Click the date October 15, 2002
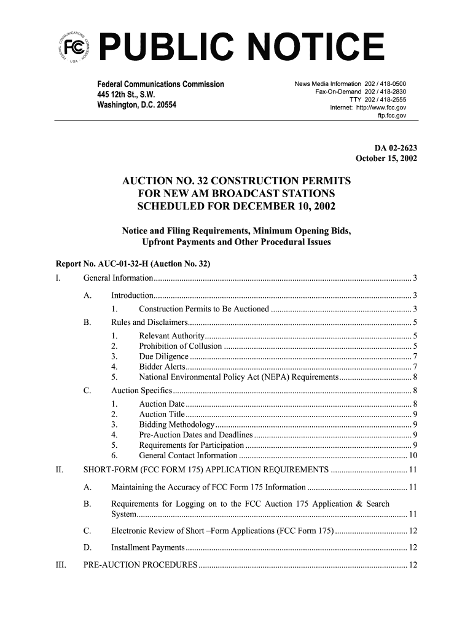tap(386, 158)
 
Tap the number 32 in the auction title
tap(205, 181)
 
